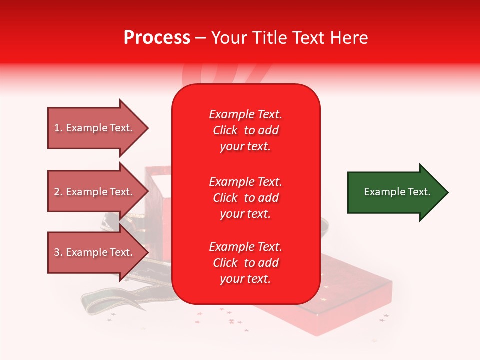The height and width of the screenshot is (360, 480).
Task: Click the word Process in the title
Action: (x=157, y=38)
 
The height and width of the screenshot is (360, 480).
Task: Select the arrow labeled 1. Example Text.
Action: (x=95, y=128)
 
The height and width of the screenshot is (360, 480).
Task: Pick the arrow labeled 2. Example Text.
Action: (x=95, y=192)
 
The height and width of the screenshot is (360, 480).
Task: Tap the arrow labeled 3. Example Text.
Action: (x=95, y=252)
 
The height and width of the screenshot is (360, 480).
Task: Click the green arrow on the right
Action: (x=395, y=192)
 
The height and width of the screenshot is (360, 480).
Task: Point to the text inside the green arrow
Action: (x=397, y=192)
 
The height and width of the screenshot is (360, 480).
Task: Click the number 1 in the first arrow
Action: (x=57, y=128)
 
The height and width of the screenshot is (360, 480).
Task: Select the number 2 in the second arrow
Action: (x=57, y=192)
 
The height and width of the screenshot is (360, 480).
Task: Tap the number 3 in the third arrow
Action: (x=57, y=252)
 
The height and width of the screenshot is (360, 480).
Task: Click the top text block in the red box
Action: (x=245, y=130)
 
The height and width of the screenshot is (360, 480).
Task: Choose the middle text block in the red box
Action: (x=245, y=198)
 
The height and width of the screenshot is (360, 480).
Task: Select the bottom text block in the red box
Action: (x=245, y=263)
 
